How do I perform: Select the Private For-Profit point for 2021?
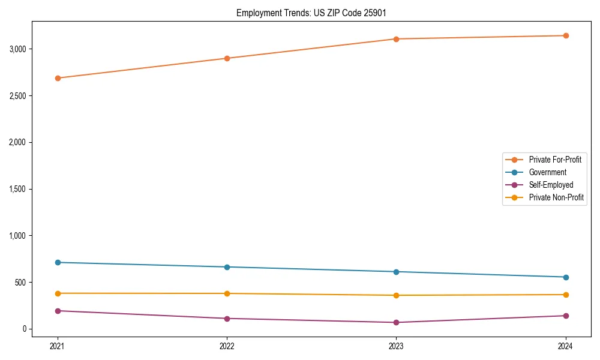point(58,78)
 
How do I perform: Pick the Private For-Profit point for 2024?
point(566,35)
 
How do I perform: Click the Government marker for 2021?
point(58,262)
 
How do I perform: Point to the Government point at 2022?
point(227,267)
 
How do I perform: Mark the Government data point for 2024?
point(566,277)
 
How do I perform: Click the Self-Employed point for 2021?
point(58,311)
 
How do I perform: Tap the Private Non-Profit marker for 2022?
point(227,293)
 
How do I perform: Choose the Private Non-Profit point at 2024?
point(566,295)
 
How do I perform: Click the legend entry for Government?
point(547,172)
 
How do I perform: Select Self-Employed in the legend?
point(551,185)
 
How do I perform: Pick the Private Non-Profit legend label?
point(556,197)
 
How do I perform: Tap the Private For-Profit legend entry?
point(555,160)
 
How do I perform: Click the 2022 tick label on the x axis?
point(227,346)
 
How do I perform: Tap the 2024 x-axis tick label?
point(566,346)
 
